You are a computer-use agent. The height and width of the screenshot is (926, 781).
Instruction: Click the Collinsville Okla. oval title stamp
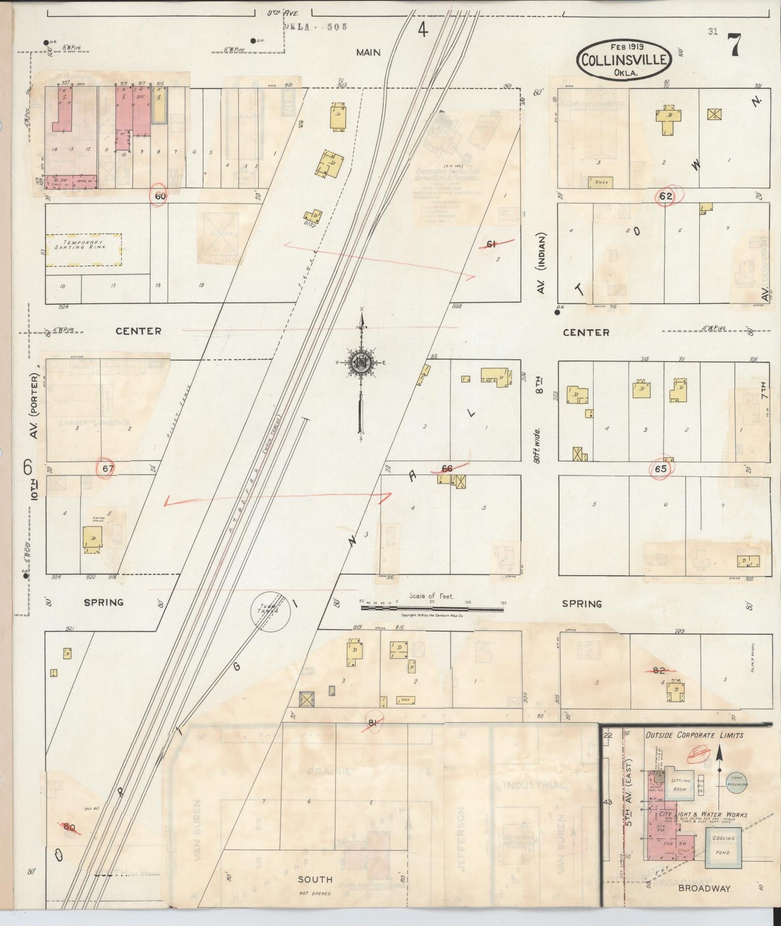point(624,60)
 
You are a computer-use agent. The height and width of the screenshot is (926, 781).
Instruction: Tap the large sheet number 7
point(733,45)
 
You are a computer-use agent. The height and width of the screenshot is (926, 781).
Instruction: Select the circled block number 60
point(160,196)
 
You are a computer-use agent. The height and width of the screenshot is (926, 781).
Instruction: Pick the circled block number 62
point(665,196)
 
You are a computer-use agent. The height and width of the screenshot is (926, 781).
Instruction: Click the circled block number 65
point(660,469)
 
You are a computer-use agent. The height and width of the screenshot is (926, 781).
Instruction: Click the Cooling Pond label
point(723,846)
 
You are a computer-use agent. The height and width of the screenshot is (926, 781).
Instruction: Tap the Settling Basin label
point(680,785)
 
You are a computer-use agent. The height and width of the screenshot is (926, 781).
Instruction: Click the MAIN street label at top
point(368,52)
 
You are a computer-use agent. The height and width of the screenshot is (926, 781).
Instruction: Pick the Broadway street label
point(704,888)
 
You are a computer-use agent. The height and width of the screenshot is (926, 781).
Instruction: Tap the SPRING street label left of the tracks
point(104,602)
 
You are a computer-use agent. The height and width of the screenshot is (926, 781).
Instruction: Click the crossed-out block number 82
point(659,670)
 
